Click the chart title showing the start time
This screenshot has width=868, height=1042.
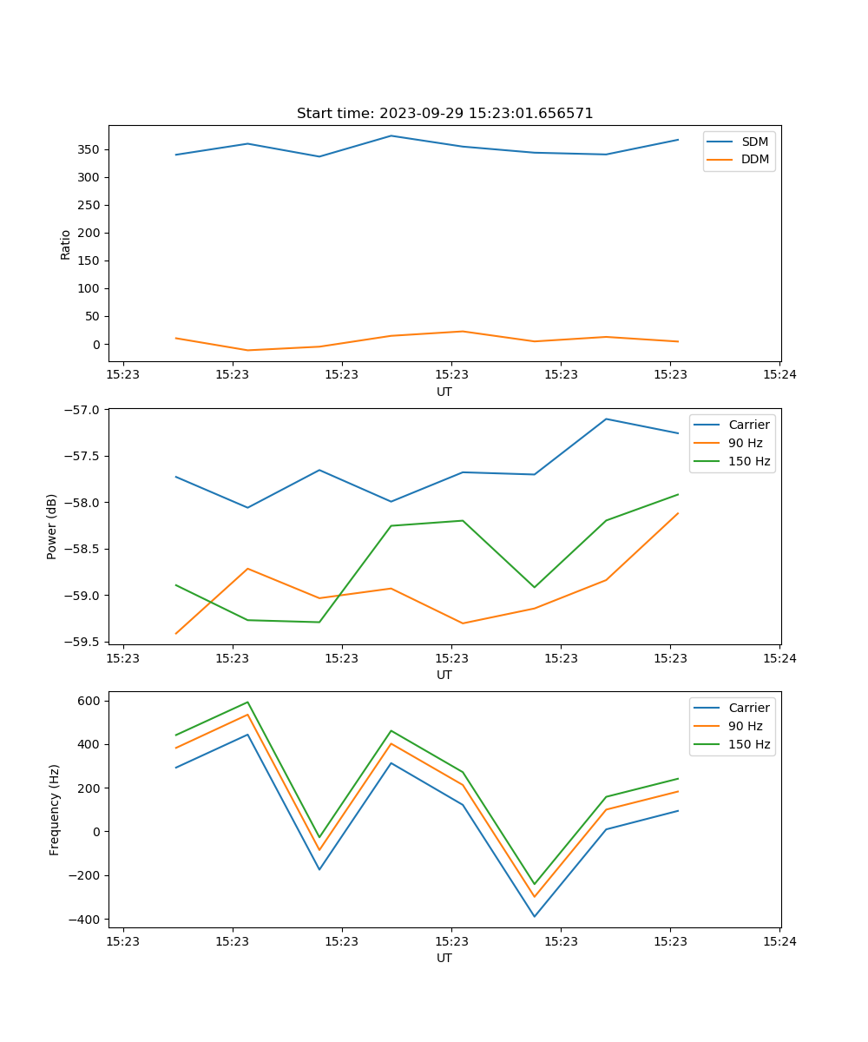[444, 114]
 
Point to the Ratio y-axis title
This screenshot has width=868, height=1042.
[65, 244]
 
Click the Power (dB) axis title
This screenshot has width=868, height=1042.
[52, 526]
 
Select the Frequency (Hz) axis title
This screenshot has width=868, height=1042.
[54, 809]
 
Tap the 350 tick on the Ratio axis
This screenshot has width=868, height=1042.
[90, 149]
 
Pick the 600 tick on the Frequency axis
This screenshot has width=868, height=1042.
[90, 701]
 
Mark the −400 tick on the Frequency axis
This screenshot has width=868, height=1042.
[85, 920]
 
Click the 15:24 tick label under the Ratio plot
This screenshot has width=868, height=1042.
[779, 375]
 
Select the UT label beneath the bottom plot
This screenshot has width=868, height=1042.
[444, 958]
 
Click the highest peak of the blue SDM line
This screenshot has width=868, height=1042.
[391, 135]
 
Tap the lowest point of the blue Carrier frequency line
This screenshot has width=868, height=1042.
[534, 916]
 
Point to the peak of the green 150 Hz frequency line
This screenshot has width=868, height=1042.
[247, 702]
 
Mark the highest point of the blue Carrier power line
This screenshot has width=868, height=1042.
[606, 419]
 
